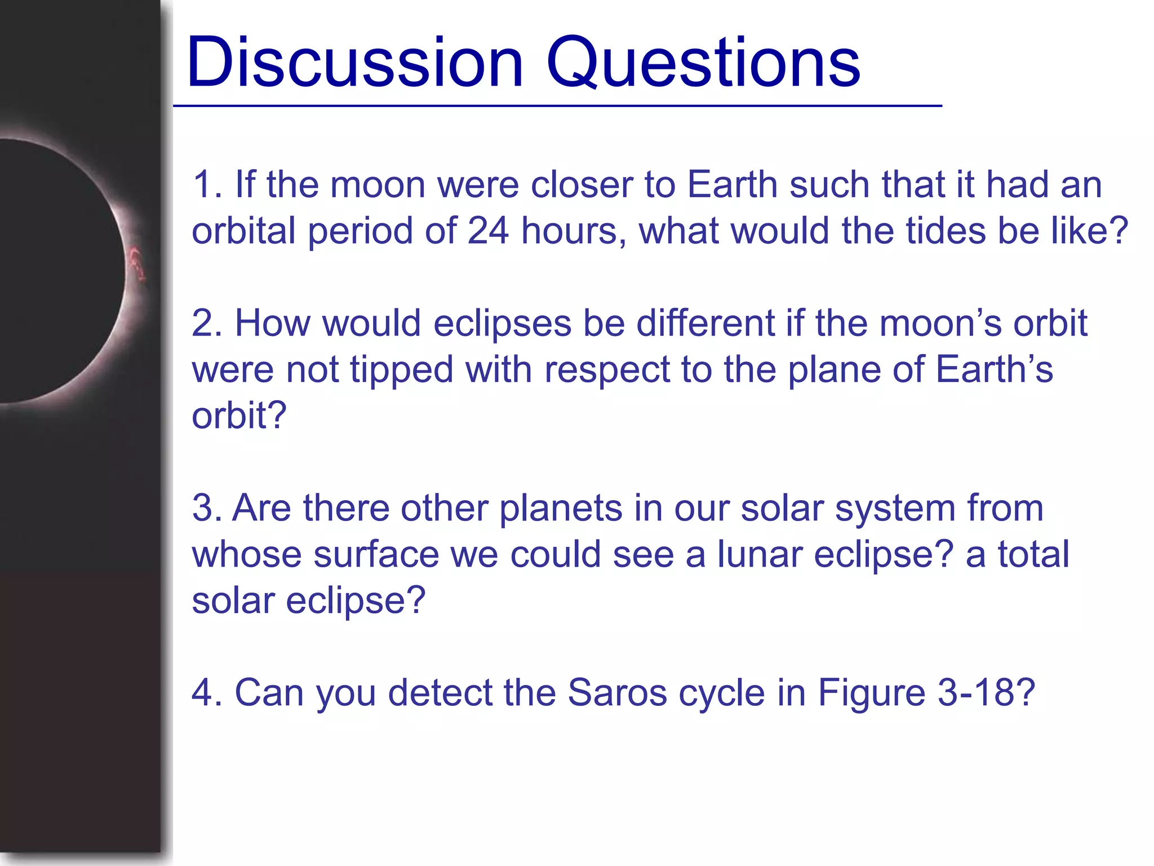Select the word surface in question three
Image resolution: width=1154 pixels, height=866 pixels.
(376, 554)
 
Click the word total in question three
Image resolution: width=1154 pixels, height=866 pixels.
(1033, 554)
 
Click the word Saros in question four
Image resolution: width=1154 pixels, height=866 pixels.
(616, 692)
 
